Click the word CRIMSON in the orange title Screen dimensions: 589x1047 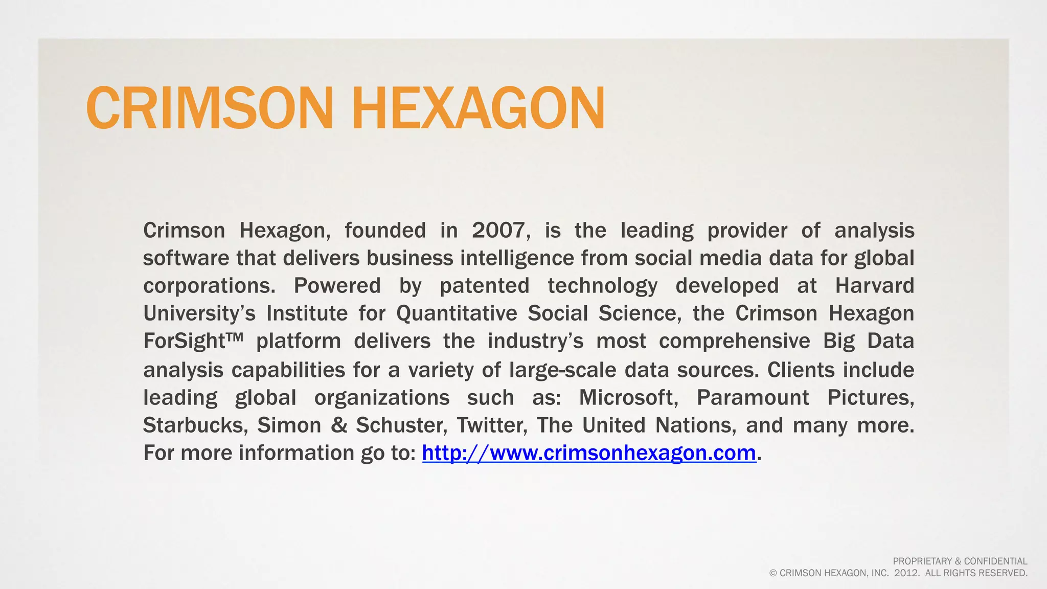click(210, 108)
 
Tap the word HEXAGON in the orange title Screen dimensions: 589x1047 click(478, 108)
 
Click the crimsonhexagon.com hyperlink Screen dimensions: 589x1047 click(589, 453)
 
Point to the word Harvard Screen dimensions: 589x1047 click(874, 286)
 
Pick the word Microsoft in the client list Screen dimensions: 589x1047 click(628, 397)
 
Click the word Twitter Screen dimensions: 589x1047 click(492, 425)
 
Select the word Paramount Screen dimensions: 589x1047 click(753, 397)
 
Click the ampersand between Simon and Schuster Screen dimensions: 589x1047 click(339, 425)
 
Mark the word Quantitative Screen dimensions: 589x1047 click(457, 313)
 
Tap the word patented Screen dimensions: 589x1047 click(484, 286)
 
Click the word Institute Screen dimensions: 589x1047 click(307, 313)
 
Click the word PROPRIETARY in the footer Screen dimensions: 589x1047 click(922, 561)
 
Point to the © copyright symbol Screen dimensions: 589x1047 click(773, 574)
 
